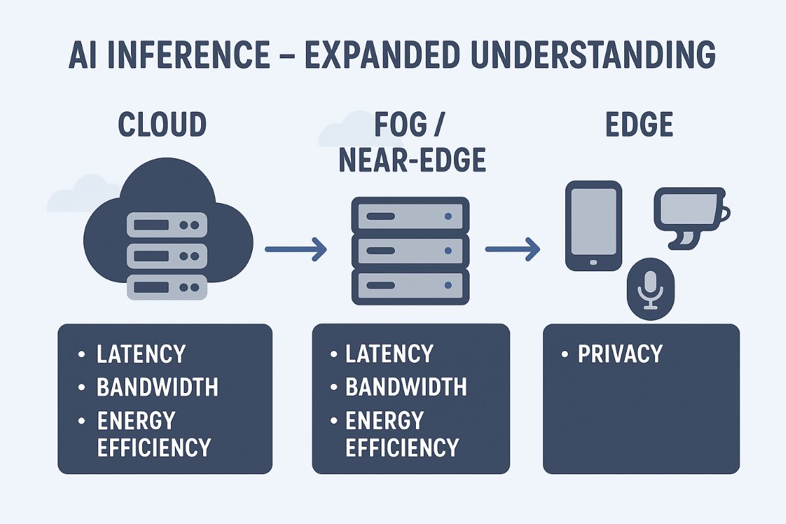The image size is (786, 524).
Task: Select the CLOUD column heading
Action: pyautogui.click(x=162, y=124)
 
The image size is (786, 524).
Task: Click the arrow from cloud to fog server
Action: pyautogui.click(x=295, y=249)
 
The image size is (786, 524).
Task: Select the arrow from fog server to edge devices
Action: pyautogui.click(x=512, y=249)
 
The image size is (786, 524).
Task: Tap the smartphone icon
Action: pyautogui.click(x=593, y=225)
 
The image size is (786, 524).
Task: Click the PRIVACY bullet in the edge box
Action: pyautogui.click(x=620, y=354)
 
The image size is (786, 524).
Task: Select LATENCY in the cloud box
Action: pyautogui.click(x=141, y=354)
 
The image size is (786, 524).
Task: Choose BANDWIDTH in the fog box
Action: pyautogui.click(x=406, y=387)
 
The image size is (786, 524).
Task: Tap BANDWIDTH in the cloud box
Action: pyautogui.click(x=157, y=387)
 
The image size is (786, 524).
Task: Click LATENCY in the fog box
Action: pyautogui.click(x=389, y=354)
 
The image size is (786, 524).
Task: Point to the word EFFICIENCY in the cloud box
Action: pyautogui.click(x=153, y=447)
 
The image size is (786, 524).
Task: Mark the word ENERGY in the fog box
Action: pyautogui.click(x=384, y=420)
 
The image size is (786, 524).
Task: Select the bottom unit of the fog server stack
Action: pyautogui.click(x=411, y=286)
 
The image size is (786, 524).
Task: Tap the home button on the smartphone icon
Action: pyautogui.click(x=593, y=262)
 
